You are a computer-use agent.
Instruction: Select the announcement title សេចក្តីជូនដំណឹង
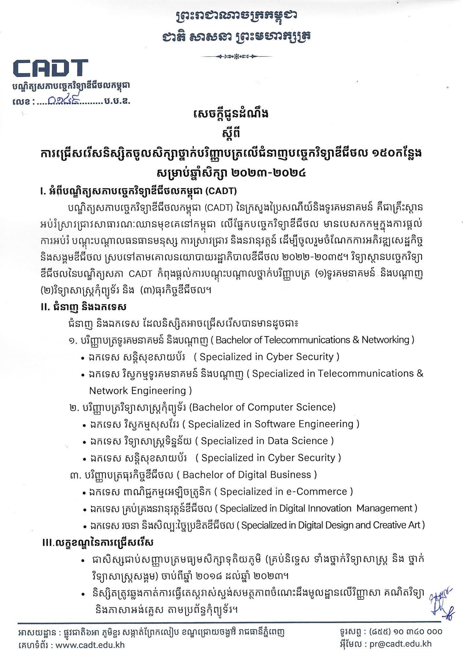[x=231, y=114]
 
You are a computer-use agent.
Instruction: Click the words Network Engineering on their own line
[x=138, y=391]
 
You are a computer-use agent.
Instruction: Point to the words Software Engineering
[x=305, y=424]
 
